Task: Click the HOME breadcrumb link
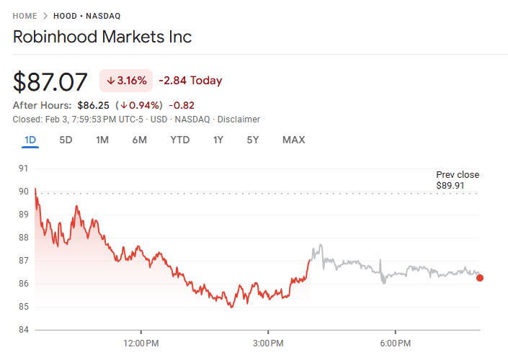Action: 24,16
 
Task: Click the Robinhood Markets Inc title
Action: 102,37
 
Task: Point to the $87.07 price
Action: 50,81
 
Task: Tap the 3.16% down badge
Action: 126,81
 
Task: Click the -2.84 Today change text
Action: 190,81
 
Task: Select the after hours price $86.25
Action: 93,105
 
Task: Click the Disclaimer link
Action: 239,120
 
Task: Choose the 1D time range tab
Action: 30,140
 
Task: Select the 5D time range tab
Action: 66,140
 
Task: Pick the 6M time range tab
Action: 139,140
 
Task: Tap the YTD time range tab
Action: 179,140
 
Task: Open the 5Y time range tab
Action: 252,140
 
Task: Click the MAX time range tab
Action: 293,140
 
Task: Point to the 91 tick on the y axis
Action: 23,168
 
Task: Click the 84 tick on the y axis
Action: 23,330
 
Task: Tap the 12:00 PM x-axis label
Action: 141,343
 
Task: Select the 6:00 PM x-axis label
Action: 396,343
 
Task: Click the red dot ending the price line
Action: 480,278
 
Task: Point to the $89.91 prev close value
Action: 451,186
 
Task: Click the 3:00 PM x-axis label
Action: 268,343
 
